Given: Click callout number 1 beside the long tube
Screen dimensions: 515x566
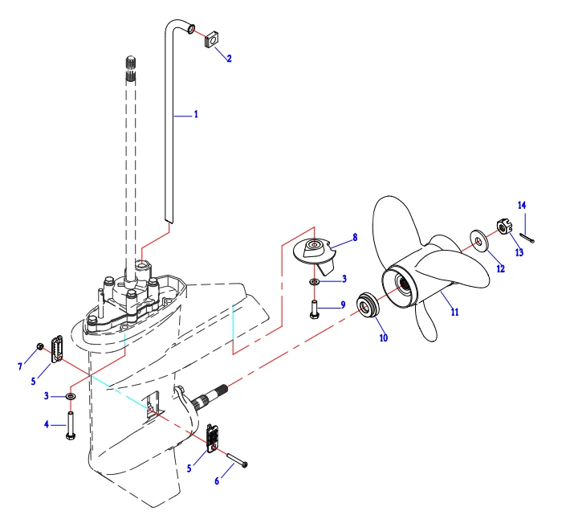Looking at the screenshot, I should coord(195,115).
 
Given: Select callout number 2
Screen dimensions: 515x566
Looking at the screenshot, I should coord(229,59).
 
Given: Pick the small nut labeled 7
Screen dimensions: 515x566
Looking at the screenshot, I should coord(40,347).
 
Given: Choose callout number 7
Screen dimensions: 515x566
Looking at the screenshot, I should coord(20,367).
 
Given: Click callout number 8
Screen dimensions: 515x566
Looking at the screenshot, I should coord(354,239).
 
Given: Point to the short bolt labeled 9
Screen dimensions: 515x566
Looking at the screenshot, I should coord(314,309).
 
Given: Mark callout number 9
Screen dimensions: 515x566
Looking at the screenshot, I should coord(343,305).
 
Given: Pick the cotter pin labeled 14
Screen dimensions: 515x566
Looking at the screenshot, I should coord(527,235).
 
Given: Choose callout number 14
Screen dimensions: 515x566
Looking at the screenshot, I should coord(522,206).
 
